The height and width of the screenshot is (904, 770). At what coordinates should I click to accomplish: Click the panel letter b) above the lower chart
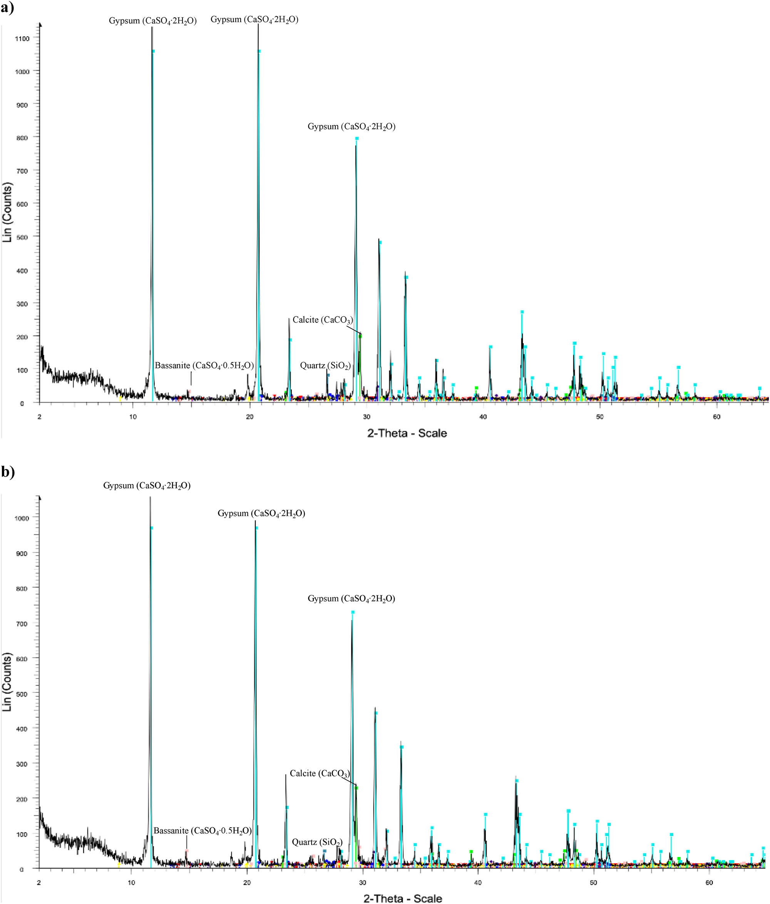(7, 472)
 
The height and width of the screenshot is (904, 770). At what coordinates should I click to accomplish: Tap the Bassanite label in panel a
(204, 366)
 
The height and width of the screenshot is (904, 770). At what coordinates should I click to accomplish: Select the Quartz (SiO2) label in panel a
(325, 366)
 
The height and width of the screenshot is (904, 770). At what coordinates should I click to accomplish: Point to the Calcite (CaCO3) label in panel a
(323, 320)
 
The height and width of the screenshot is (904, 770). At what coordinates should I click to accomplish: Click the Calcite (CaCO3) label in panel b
(320, 773)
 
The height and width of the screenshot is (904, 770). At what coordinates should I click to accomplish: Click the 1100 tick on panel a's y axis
(22, 39)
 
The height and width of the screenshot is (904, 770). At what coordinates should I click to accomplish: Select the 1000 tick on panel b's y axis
(22, 518)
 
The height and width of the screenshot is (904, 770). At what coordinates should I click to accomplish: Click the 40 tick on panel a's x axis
(483, 417)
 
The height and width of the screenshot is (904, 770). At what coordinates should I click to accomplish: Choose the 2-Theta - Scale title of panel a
(407, 433)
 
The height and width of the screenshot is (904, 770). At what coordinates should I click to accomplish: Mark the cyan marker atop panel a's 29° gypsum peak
(357, 138)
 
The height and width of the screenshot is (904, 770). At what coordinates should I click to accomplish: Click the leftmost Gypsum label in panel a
(152, 20)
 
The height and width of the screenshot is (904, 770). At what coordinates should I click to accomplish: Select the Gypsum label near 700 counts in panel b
(352, 598)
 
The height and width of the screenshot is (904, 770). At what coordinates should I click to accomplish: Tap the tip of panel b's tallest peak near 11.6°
(150, 498)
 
